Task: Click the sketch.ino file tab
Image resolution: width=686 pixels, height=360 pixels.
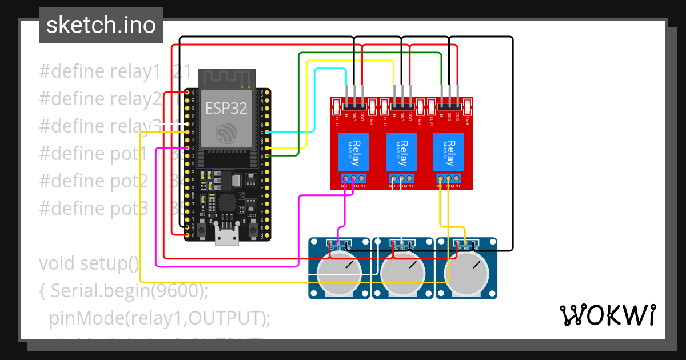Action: tap(101, 25)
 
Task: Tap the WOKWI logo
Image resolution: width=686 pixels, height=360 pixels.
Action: tap(607, 315)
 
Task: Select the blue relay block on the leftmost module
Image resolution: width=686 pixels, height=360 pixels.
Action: tap(354, 151)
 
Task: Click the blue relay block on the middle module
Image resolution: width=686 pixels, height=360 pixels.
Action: tap(402, 151)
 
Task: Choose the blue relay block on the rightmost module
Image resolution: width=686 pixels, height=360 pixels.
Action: tap(449, 151)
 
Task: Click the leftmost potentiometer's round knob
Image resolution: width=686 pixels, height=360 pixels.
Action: tap(340, 273)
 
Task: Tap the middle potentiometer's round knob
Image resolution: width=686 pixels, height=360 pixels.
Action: tap(403, 273)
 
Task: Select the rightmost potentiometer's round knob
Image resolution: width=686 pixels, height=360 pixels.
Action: tap(466, 273)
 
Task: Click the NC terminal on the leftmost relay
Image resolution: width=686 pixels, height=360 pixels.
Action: tap(362, 179)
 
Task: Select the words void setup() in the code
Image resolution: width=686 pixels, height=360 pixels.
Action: tap(89, 264)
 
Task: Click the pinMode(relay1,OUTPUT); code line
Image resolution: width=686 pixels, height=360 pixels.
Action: tap(159, 318)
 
